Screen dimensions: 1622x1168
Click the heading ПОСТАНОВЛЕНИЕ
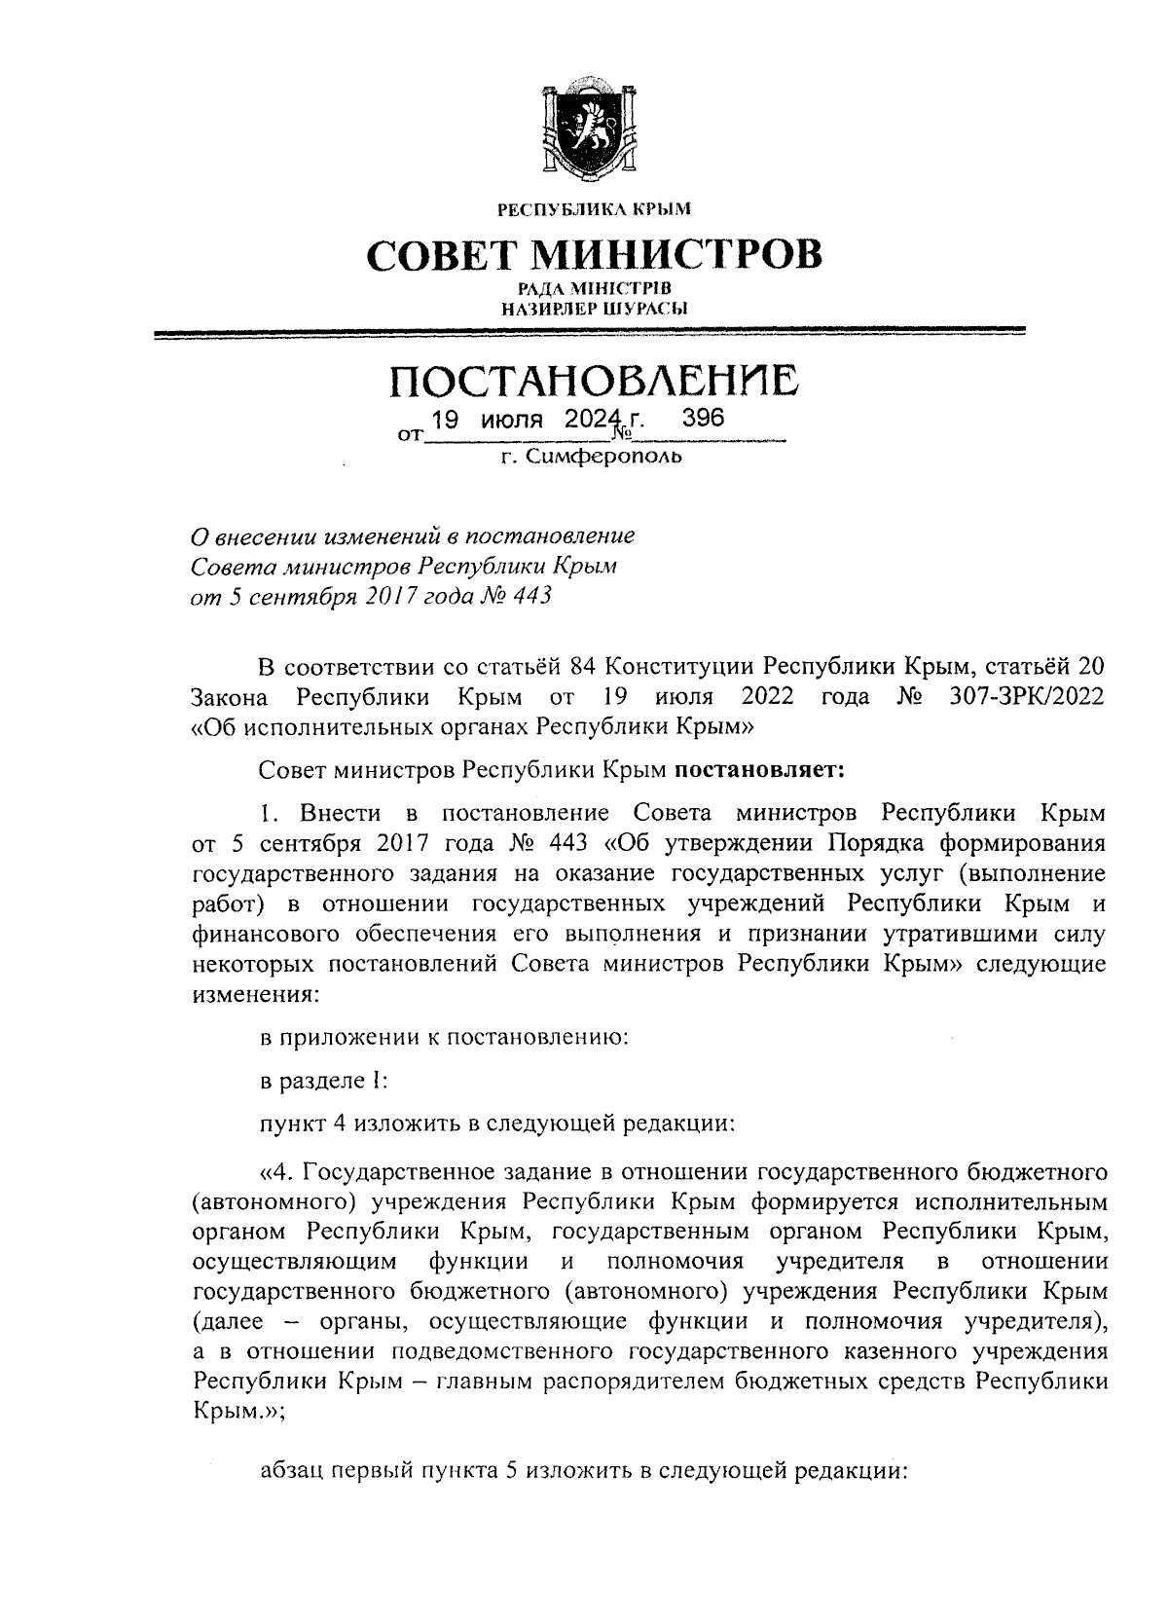(x=594, y=380)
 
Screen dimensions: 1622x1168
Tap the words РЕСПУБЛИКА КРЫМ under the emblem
(x=593, y=208)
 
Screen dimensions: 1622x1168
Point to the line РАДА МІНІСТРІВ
(x=593, y=289)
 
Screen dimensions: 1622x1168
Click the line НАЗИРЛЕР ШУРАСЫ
(x=593, y=309)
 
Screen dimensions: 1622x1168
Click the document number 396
(x=703, y=419)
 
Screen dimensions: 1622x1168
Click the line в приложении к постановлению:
(x=444, y=1038)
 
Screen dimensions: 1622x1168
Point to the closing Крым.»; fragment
(x=239, y=1412)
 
